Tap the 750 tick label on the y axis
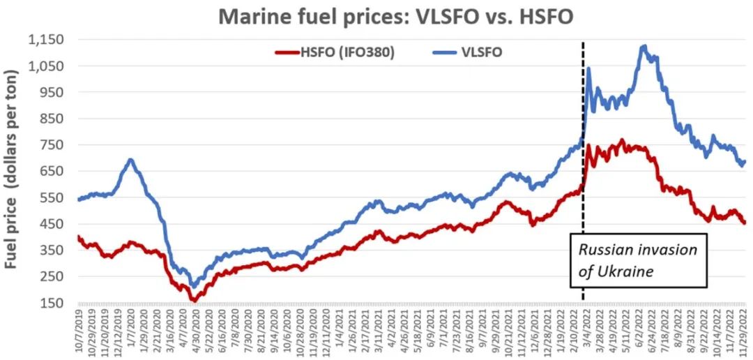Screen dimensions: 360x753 [53, 145]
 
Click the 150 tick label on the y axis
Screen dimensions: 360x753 [53, 303]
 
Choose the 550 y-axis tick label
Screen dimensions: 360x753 [53, 197]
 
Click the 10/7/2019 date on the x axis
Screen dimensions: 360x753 [79, 331]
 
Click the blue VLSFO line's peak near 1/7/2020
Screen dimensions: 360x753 [130, 160]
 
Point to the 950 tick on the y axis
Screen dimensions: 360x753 [53, 92]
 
